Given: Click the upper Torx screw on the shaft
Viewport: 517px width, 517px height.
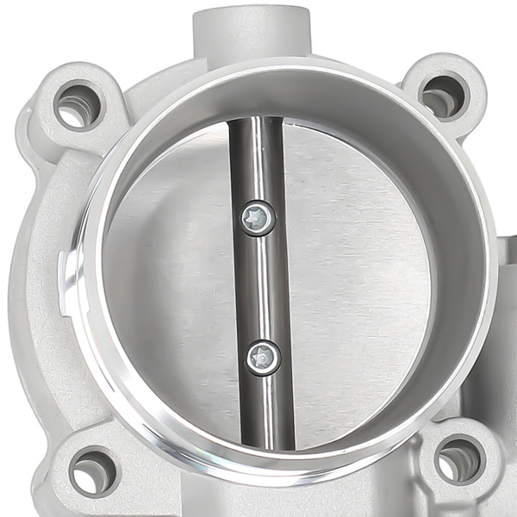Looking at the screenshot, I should (x=255, y=217).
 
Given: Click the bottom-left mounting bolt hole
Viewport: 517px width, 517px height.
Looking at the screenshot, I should (x=91, y=471).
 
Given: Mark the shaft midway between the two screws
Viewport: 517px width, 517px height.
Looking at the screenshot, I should (x=258, y=287).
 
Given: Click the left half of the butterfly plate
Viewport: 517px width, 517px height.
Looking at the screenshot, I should (x=172, y=284).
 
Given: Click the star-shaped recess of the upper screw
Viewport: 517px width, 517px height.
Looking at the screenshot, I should (x=255, y=215).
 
